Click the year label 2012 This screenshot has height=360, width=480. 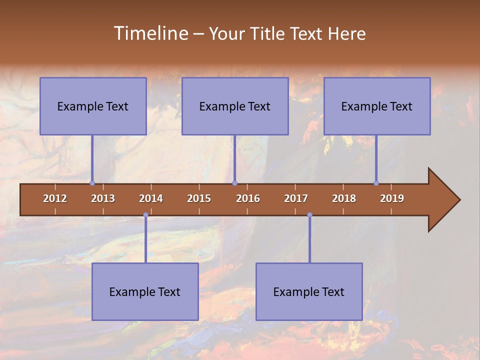pos(55,198)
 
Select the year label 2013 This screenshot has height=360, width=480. pos(103,198)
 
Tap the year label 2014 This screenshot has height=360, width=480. pos(151,198)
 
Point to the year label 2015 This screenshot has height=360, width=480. pos(199,198)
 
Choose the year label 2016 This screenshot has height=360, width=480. pos(248,198)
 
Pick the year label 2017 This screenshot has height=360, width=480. pos(296,198)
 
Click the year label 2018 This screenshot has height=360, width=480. pos(344,198)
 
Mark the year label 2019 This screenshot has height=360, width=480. pos(392,198)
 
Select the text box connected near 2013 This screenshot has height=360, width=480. pos(93,106)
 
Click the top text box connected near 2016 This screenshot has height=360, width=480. pos(235,106)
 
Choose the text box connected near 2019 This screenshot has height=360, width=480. pos(377,106)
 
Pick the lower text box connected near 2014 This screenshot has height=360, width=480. pos(145,291)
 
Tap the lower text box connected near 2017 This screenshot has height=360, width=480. pos(309,291)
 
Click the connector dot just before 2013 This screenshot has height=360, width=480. pos(92,183)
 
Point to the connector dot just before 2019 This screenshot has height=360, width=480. pos(376,183)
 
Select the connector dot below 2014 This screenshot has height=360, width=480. pos(145,215)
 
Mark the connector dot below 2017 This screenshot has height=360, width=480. pos(309,215)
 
